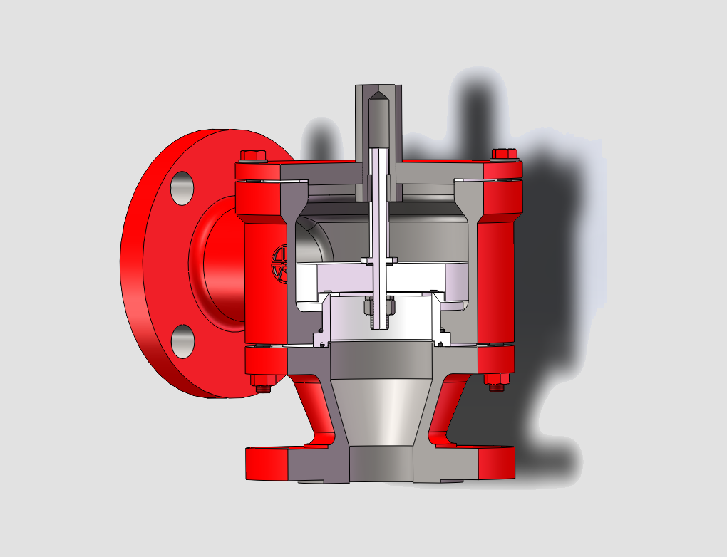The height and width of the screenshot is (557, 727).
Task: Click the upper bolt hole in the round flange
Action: tap(182, 187)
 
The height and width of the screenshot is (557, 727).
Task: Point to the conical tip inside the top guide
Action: tap(378, 97)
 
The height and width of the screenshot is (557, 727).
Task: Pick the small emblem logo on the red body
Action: tap(279, 262)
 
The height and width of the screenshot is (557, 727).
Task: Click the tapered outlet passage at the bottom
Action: tap(379, 413)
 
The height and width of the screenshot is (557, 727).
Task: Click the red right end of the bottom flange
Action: tap(496, 463)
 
